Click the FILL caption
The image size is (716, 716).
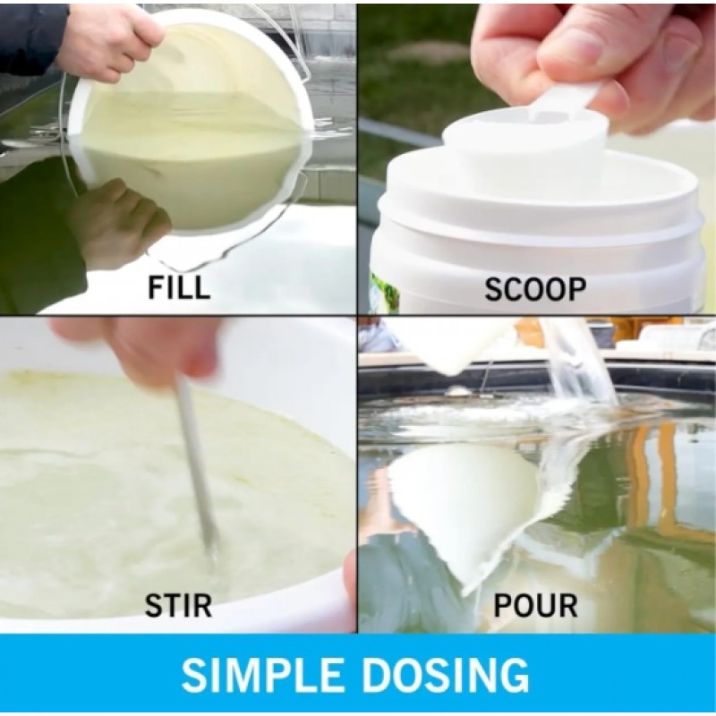179,286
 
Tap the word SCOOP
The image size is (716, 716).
535,289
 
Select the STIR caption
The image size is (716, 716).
178,605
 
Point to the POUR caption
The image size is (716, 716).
535,605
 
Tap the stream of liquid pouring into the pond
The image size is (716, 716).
580,361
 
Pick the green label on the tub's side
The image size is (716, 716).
379,293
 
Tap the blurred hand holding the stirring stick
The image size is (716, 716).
137,347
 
